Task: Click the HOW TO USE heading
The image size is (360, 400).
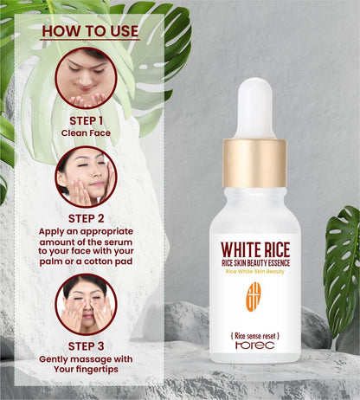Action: tap(89, 31)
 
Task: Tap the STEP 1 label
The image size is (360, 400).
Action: tap(86, 120)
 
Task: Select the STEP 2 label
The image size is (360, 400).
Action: tap(86, 218)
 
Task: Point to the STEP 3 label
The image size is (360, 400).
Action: tap(86, 345)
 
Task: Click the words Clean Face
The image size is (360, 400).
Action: tap(86, 133)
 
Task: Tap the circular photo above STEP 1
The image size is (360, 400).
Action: tap(86, 78)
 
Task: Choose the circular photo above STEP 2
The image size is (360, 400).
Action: tap(86, 176)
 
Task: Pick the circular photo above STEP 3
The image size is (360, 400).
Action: tap(86, 303)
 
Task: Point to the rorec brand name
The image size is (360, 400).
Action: tap(254, 344)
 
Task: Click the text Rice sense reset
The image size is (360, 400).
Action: tap(254, 332)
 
